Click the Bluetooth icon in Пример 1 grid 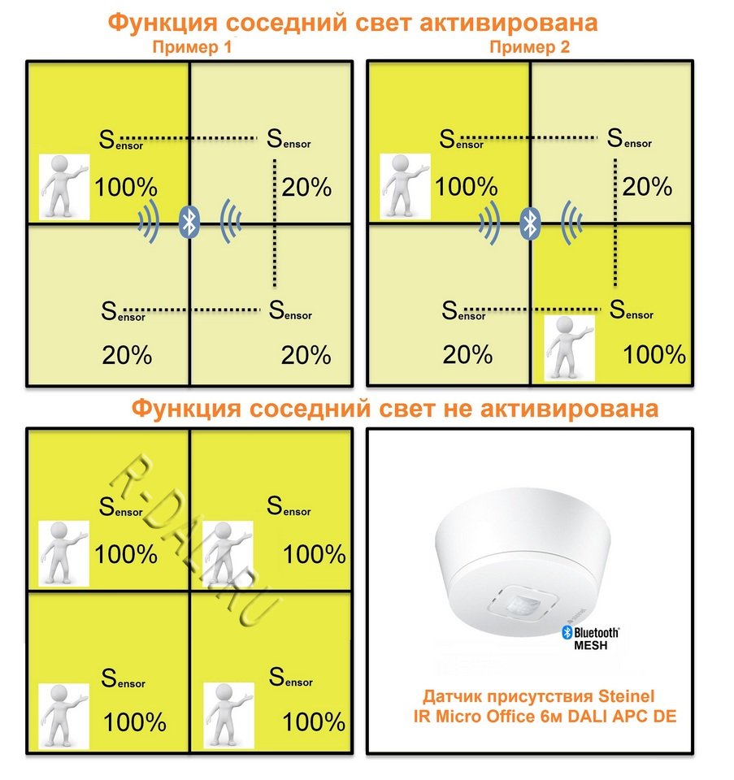[x=189, y=222]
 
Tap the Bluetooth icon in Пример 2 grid [x=530, y=223]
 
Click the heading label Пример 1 [x=192, y=47]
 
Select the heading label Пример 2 [x=529, y=47]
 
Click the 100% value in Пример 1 [x=126, y=188]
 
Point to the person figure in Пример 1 [x=64, y=187]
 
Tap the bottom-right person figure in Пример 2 [x=569, y=348]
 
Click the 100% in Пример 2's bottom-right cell [x=654, y=355]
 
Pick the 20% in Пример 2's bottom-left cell [x=467, y=355]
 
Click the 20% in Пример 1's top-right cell [x=306, y=188]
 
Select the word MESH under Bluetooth [x=591, y=646]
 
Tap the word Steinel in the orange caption [x=626, y=696]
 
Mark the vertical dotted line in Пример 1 [x=275, y=223]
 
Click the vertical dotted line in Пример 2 [x=615, y=222]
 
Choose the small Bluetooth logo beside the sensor [x=567, y=632]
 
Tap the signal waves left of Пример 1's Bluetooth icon [x=150, y=221]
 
